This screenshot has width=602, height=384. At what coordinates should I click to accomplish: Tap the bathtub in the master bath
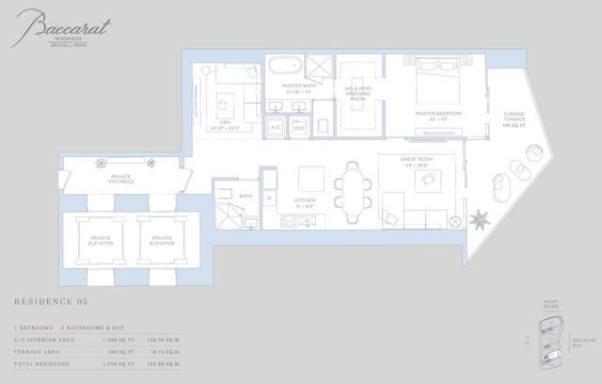[x=282, y=68]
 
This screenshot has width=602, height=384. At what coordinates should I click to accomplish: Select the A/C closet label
[x=277, y=124]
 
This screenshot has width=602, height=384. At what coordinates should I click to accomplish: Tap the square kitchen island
[x=310, y=179]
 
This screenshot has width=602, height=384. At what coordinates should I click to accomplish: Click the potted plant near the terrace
[x=481, y=219]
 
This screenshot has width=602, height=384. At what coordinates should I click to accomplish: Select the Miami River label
[x=551, y=305]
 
